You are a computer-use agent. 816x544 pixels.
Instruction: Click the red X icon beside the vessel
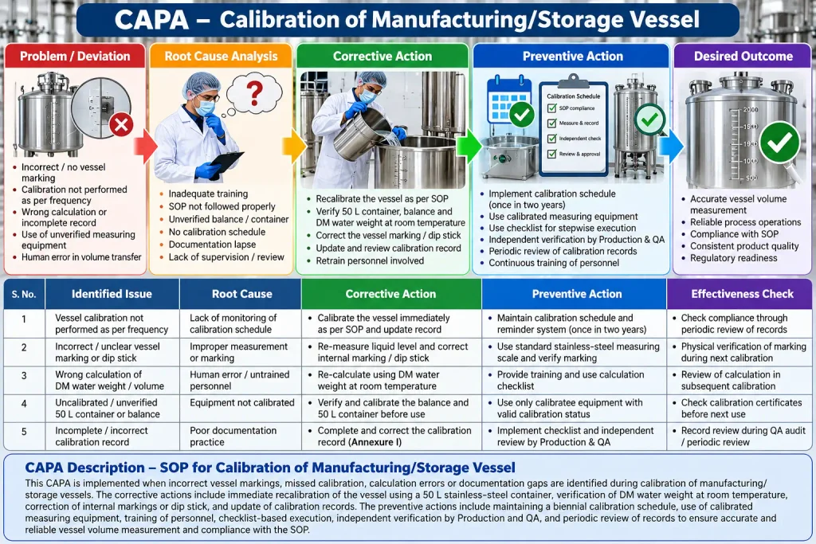(x=121, y=124)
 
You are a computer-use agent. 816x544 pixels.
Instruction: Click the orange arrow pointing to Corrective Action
(x=294, y=147)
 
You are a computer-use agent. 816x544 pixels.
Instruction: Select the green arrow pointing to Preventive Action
(x=469, y=146)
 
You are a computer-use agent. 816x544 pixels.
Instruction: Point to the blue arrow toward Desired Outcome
(x=671, y=146)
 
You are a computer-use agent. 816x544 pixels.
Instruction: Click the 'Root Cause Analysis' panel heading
(x=222, y=57)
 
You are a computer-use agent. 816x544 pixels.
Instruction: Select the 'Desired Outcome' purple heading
(x=743, y=57)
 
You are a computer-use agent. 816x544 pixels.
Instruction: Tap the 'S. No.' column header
(x=24, y=294)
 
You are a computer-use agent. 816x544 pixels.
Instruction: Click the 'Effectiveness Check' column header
(x=742, y=294)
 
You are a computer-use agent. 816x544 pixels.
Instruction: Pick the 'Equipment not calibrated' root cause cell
(x=242, y=402)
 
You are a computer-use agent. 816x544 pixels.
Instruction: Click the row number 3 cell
(x=24, y=375)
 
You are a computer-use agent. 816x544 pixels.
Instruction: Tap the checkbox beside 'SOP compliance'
(x=551, y=108)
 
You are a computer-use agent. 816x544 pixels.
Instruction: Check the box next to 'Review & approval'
(x=551, y=154)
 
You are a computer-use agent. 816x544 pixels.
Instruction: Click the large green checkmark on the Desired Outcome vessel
(x=779, y=142)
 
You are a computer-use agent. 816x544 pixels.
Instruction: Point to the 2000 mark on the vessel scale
(x=750, y=110)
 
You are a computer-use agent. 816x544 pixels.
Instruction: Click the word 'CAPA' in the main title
(x=151, y=20)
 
